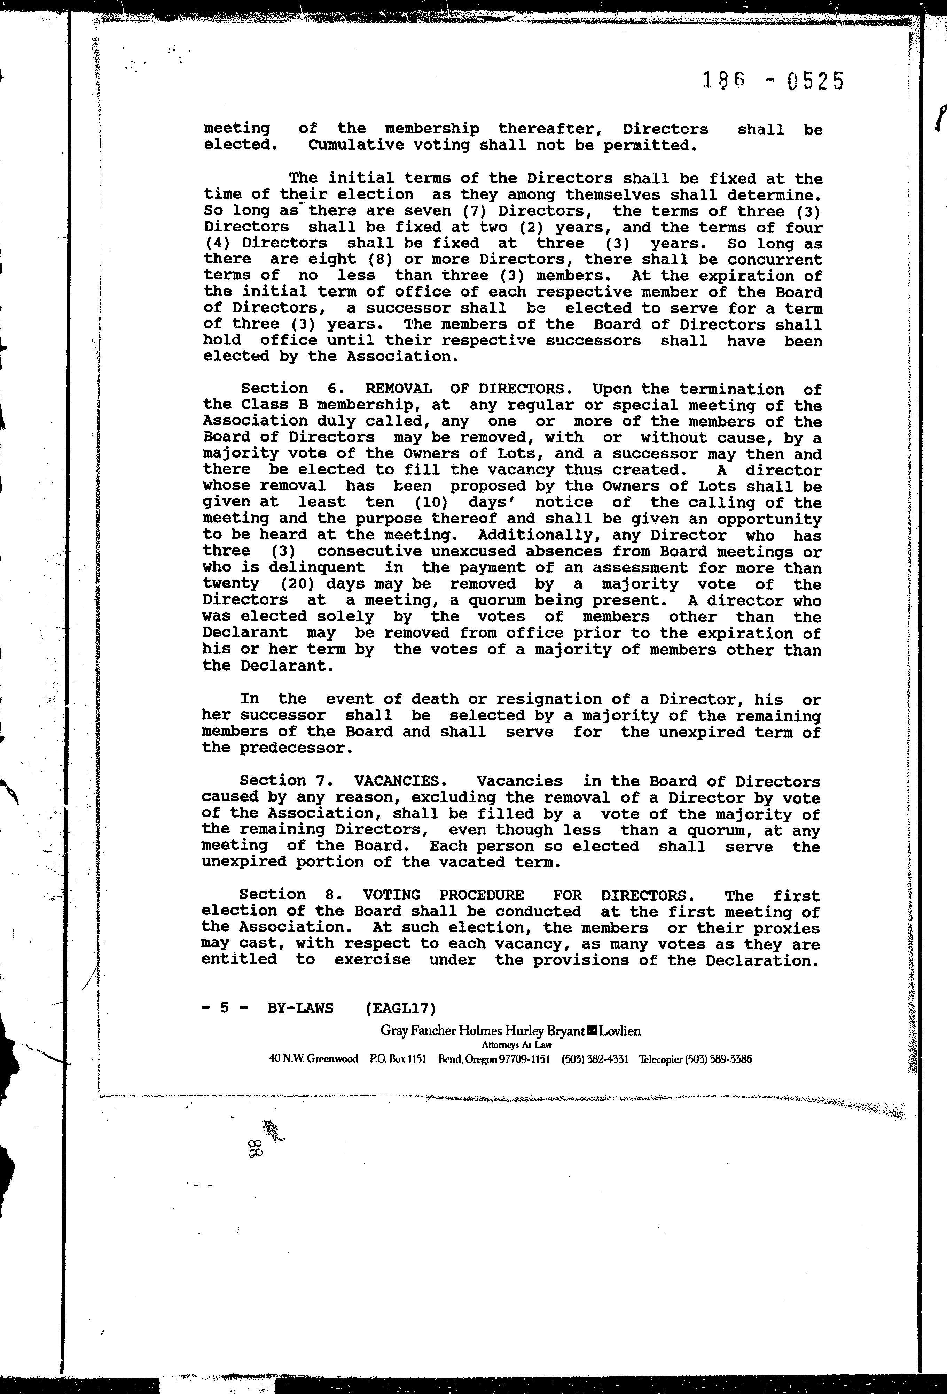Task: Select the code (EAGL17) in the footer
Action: click(x=400, y=1008)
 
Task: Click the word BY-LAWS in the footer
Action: click(x=300, y=1008)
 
